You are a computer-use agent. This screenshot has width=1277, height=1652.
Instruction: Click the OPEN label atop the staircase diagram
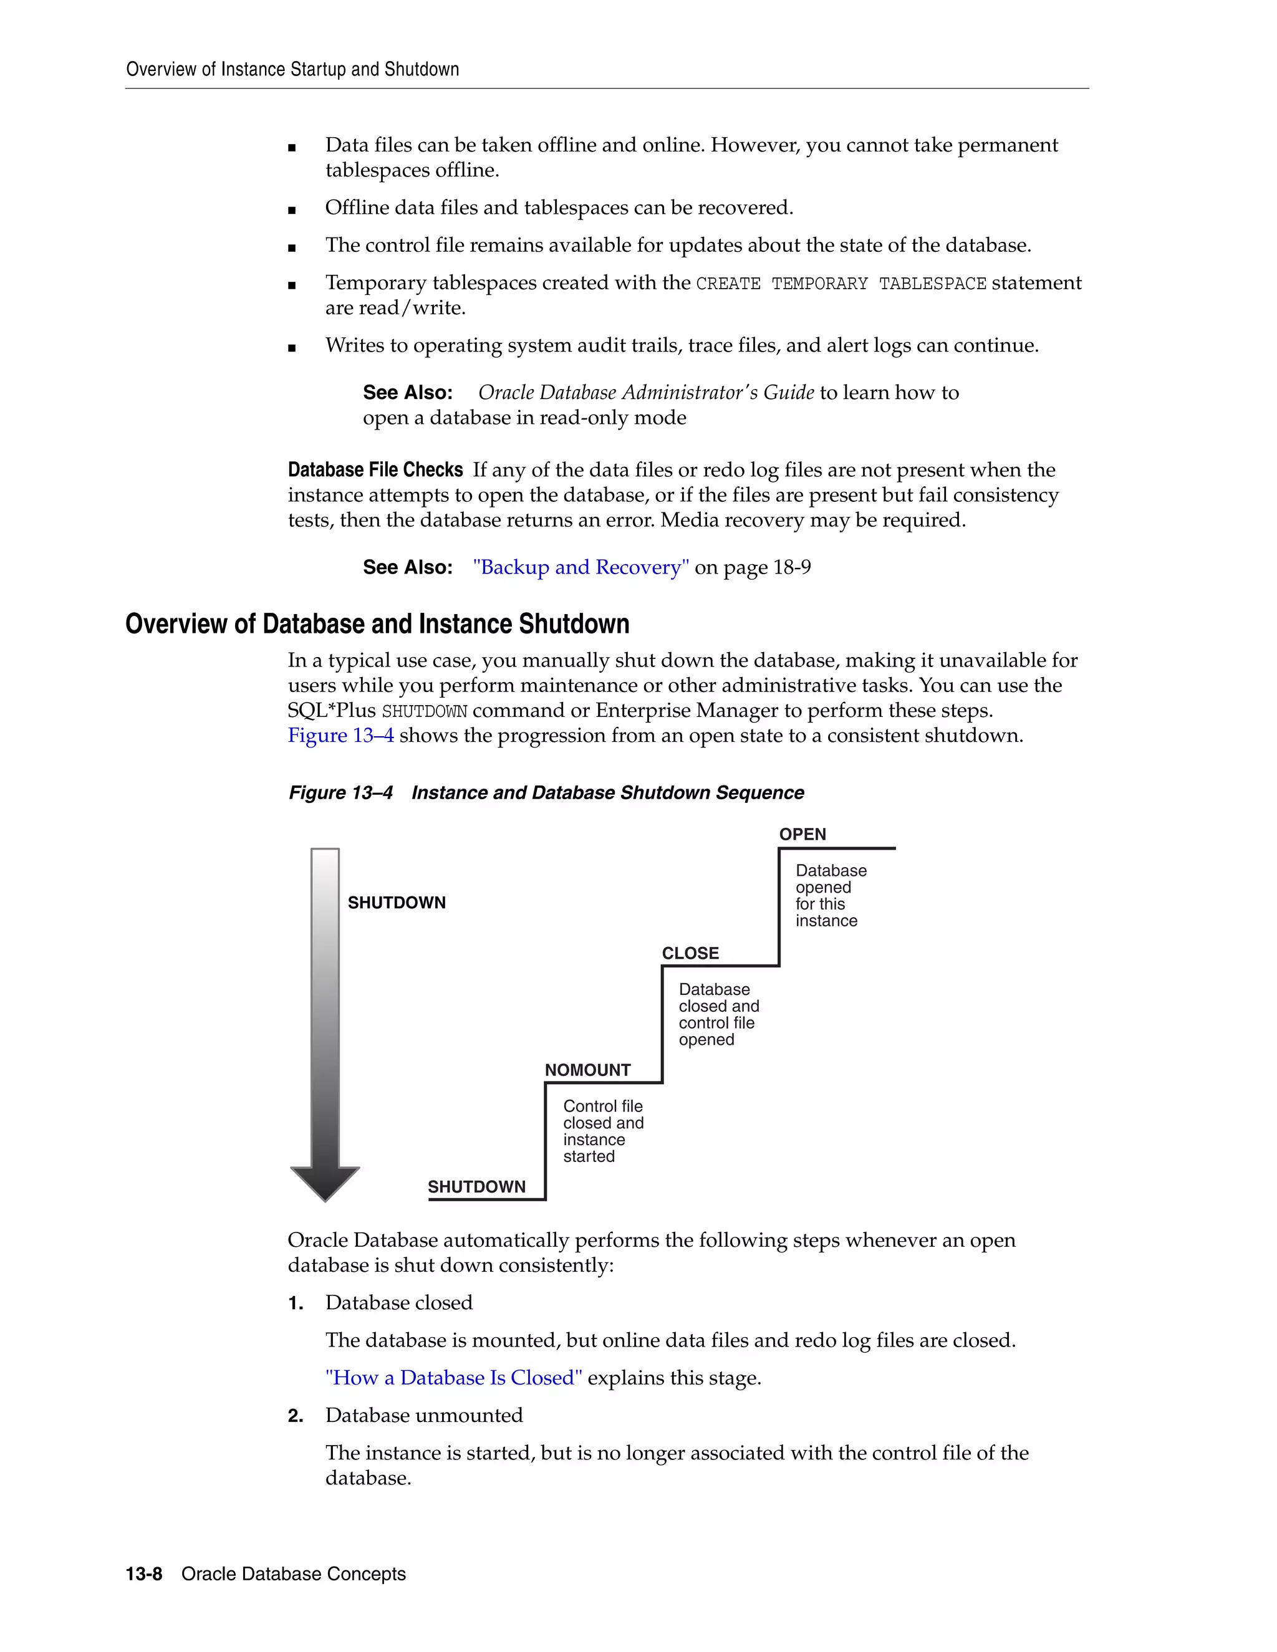point(802,834)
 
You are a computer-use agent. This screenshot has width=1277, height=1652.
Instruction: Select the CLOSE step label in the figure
point(690,953)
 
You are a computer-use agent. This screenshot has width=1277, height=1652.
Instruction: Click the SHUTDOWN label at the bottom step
point(476,1186)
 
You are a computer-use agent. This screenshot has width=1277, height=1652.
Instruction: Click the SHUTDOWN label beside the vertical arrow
point(397,903)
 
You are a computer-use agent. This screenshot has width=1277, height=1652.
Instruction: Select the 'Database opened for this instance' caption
point(830,896)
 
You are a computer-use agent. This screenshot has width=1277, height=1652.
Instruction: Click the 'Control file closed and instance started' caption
point(603,1131)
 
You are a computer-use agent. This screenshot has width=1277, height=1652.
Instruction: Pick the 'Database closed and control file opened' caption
point(718,1014)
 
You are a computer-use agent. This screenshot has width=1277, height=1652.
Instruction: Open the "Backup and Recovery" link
point(581,567)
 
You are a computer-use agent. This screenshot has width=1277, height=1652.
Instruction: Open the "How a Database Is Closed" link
point(453,1378)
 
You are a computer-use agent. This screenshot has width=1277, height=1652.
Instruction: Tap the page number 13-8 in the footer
point(144,1574)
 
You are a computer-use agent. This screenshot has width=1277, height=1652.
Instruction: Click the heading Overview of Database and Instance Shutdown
point(377,624)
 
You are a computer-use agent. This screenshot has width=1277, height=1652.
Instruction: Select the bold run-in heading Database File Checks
point(375,470)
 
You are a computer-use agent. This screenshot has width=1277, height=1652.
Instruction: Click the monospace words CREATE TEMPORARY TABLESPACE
point(841,284)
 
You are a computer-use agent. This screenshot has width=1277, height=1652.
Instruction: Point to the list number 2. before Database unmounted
point(295,1415)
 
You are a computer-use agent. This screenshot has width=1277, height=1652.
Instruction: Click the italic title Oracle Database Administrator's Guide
point(645,393)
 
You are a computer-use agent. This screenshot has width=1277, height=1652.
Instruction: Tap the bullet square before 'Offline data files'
point(292,210)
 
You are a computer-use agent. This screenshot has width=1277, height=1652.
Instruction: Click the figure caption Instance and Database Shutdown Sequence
point(607,793)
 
